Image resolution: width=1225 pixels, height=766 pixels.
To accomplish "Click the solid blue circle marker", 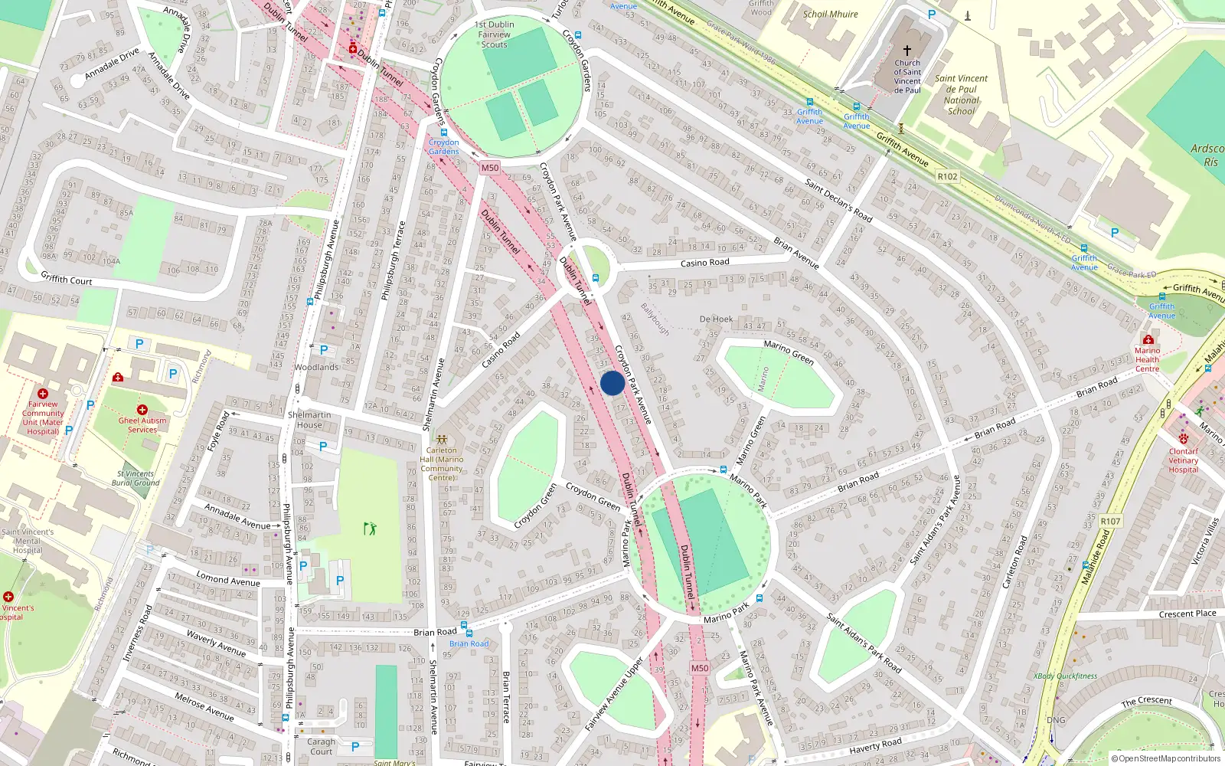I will [x=612, y=383].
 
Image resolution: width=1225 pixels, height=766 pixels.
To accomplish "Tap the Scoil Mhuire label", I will [x=830, y=14].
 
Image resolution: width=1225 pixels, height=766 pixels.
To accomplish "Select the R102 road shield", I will [x=947, y=176].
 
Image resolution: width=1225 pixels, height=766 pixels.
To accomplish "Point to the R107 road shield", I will [x=1110, y=522].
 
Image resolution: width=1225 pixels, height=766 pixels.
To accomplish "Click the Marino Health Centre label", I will [x=1147, y=359].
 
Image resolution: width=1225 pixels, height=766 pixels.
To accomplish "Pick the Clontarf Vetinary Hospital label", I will [x=1183, y=460].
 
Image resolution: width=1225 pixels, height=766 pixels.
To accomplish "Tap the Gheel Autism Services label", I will [x=142, y=425].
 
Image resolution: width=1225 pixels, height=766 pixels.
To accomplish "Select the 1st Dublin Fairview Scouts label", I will [x=495, y=34].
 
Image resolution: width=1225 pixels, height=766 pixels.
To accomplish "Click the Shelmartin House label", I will [x=309, y=420].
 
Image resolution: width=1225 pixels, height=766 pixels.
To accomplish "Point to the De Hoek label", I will [x=716, y=319].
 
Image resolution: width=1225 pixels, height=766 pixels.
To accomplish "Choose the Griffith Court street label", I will [x=67, y=280].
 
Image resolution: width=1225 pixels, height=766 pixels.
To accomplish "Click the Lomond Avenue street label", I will [x=228, y=578].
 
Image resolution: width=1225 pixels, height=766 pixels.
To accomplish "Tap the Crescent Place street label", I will [x=1187, y=614].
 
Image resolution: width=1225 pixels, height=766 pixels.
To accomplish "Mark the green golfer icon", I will [x=371, y=528].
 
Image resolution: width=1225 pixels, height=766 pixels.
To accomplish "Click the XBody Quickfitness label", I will [x=1065, y=676].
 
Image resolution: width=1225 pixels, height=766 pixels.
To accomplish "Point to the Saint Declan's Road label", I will [x=838, y=200].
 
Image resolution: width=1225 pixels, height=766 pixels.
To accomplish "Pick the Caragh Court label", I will [x=322, y=746].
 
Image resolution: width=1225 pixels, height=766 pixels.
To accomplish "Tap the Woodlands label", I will [x=316, y=368].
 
